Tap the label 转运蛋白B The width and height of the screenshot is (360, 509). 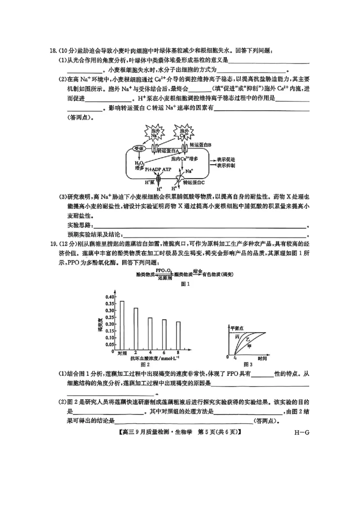click(203, 145)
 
